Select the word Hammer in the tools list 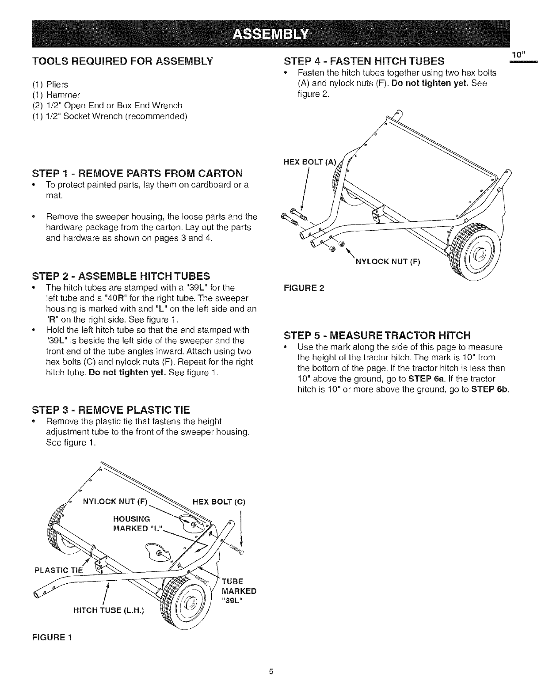(x=64, y=95)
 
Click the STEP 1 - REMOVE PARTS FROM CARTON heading (x=138, y=172)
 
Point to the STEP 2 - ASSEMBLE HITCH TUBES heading (x=121, y=277)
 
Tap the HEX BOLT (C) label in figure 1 (x=219, y=502)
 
